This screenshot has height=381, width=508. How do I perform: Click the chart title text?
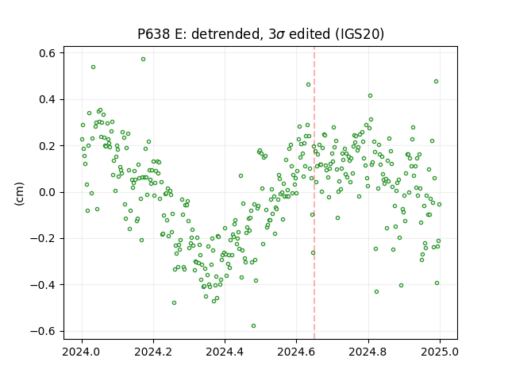click(260, 33)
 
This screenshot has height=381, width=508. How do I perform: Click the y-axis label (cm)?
click(19, 194)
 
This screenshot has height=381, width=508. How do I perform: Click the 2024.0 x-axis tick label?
click(82, 352)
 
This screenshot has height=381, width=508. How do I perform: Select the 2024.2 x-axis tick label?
click(153, 352)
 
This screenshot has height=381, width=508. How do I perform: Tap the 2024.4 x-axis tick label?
click(225, 352)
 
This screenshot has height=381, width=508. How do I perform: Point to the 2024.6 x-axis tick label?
click(296, 352)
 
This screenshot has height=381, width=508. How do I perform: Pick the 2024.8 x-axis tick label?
click(368, 352)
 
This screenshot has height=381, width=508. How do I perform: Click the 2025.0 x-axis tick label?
click(440, 352)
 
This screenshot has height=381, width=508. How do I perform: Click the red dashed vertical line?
click(314, 193)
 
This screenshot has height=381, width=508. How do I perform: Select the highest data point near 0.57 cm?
click(143, 60)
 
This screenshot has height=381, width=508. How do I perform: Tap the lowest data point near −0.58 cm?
click(254, 326)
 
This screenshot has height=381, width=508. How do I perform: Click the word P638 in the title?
click(153, 33)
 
